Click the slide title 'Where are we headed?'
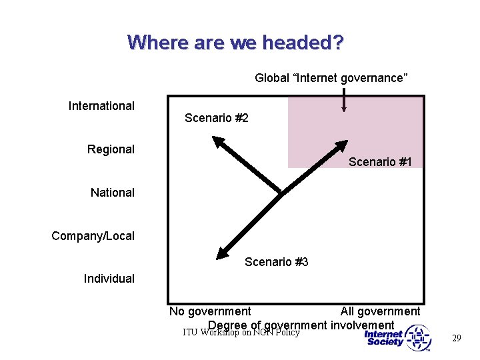(235, 43)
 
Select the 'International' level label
(101, 106)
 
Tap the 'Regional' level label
(111, 149)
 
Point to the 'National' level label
(112, 193)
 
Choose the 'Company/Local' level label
(93, 236)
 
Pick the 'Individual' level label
(109, 279)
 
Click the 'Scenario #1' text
(380, 162)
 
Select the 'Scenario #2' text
(216, 118)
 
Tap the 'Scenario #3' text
(276, 262)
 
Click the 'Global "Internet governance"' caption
(331, 78)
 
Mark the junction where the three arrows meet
(280, 193)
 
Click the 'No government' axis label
(210, 311)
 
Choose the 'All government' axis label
(380, 311)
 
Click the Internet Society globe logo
(418, 338)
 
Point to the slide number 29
(456, 339)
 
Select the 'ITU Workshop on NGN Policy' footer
(241, 332)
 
